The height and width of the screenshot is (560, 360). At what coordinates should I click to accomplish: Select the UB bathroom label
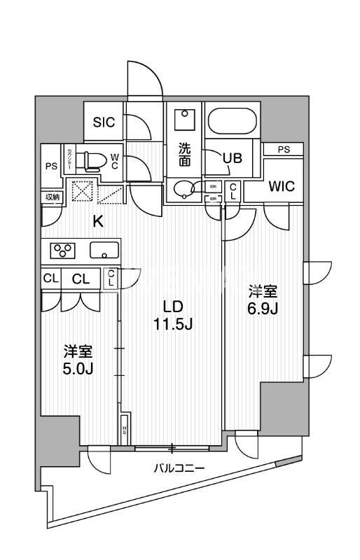(232, 158)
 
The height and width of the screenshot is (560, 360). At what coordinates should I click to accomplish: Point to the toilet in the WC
(90, 160)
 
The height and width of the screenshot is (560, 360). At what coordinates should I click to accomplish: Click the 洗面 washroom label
(184, 155)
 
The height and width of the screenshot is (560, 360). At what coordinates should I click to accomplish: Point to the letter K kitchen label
(99, 222)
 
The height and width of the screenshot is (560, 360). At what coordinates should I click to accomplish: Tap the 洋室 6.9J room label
(264, 299)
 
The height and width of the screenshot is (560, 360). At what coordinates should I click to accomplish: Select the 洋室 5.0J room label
(78, 359)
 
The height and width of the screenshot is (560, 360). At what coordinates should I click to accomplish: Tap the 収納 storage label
(53, 197)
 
